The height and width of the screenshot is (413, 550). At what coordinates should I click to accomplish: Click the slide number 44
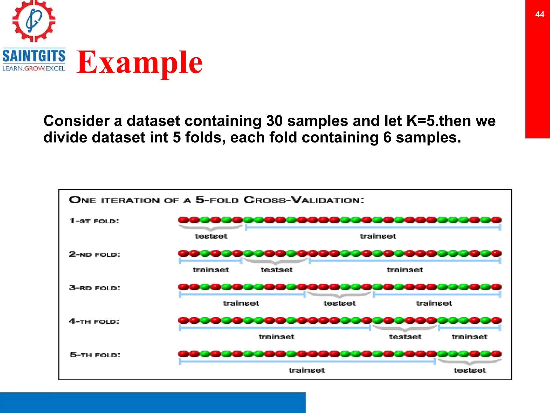pos(540,14)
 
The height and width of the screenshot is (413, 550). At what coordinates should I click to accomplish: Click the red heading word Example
pos(139,62)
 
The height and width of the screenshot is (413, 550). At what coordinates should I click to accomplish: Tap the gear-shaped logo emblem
pos(34,21)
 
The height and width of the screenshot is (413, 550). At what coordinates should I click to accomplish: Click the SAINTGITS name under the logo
pos(34,56)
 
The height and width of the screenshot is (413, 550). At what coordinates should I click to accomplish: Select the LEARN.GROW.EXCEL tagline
pos(34,69)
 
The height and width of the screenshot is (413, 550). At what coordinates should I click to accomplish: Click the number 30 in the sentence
pos(274,121)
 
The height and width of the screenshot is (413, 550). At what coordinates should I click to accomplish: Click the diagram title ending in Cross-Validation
pos(216,200)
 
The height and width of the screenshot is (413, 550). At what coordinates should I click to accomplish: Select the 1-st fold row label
pos(94,221)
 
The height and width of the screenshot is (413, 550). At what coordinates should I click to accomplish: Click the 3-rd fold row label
pos(95,288)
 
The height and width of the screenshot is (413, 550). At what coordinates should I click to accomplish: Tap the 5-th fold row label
pos(95,355)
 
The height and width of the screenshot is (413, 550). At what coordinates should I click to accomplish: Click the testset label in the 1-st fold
pos(211,236)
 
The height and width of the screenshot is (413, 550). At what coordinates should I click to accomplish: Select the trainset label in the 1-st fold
pos(378,236)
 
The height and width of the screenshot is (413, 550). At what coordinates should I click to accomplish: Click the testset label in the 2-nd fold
pos(277,270)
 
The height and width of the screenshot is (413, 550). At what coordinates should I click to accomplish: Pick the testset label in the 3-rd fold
pos(339,303)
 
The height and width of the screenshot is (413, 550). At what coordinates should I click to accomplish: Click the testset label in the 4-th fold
pos(405,337)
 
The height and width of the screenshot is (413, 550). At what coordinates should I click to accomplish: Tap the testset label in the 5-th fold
pos(470,370)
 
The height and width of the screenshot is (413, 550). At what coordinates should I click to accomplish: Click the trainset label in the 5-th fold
pos(307,370)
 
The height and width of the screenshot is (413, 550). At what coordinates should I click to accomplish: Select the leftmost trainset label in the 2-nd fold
pos(211,270)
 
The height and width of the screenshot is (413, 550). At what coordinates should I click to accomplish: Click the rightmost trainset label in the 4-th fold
pos(469,337)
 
